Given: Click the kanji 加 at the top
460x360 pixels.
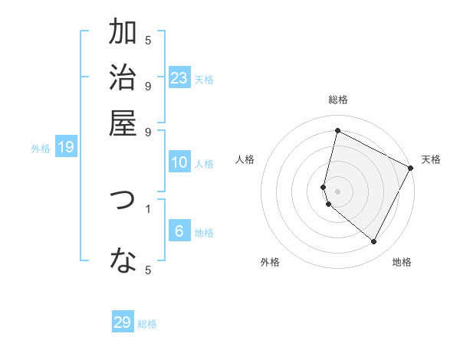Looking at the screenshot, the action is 123,33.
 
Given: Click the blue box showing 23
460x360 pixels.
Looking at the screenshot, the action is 179,78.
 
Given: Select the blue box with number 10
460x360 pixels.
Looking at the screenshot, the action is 179,162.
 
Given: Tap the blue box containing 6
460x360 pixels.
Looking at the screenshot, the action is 179,231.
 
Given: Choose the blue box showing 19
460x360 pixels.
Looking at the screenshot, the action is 66,147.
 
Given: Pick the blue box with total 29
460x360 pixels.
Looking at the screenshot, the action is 123,322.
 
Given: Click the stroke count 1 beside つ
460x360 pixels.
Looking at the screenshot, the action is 148,208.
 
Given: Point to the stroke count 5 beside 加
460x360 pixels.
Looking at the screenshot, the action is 148,40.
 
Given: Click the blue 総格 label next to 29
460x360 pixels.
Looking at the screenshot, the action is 148,324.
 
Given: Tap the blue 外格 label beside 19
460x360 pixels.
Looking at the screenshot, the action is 41,149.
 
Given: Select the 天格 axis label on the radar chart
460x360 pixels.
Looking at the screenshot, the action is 431,159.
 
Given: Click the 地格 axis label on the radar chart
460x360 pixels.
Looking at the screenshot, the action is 402,262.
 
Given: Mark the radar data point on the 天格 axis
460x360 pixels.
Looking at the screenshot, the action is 410,168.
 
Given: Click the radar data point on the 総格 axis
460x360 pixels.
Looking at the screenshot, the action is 337,131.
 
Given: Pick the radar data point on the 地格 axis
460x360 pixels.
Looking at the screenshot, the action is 374,242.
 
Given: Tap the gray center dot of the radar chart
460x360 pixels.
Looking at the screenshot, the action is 337,191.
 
